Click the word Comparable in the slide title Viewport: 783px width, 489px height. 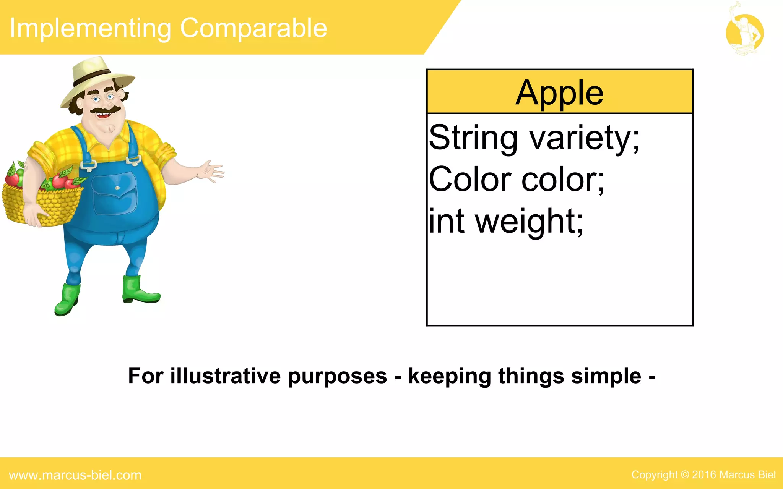(253, 28)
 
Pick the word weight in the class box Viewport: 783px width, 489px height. (529, 222)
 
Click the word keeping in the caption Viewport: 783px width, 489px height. (450, 377)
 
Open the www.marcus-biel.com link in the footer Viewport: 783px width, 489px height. (75, 475)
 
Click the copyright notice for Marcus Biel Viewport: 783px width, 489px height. (703, 474)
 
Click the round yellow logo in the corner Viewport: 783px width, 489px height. (744, 33)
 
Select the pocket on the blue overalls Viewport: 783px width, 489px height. (114, 193)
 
